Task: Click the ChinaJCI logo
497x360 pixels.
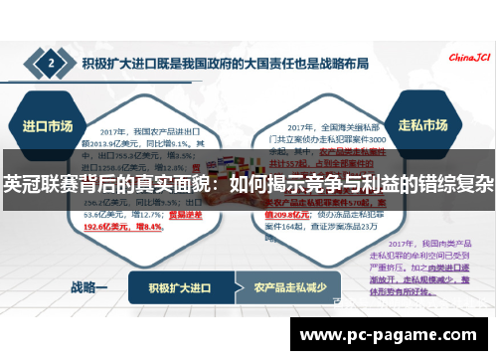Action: [470, 58]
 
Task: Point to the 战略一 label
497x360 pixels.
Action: [87, 288]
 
